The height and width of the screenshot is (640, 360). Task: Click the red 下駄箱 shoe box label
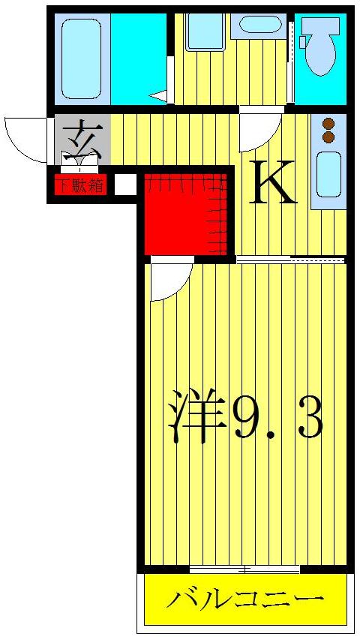click(x=79, y=184)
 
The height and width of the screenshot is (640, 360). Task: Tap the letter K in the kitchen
click(x=271, y=182)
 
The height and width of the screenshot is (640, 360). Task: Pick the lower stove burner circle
click(x=328, y=137)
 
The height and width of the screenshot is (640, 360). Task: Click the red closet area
click(x=185, y=213)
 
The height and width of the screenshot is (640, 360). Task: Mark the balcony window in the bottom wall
click(x=244, y=569)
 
